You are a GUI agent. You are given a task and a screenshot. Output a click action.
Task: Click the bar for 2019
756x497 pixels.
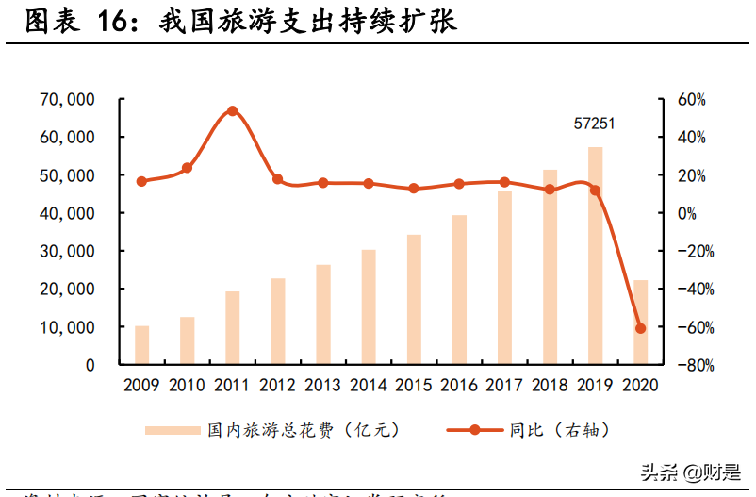pyautogui.click(x=595, y=256)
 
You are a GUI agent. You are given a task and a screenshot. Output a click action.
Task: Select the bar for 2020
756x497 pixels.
pyautogui.click(x=640, y=322)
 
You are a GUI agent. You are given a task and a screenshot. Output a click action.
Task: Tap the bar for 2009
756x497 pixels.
pyautogui.click(x=141, y=345)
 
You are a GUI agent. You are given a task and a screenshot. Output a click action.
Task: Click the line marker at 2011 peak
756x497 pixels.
pyautogui.click(x=233, y=111)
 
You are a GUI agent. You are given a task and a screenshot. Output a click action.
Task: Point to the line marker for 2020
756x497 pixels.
pyautogui.click(x=641, y=328)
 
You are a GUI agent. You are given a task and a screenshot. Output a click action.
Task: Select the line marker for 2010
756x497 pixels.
pyautogui.click(x=187, y=168)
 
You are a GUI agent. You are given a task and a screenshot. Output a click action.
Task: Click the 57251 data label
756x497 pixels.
pyautogui.click(x=595, y=124)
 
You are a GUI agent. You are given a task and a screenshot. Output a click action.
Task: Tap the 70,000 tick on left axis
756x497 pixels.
pyautogui.click(x=67, y=99)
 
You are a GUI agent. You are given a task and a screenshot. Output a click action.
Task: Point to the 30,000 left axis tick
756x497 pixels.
pyautogui.click(x=67, y=251)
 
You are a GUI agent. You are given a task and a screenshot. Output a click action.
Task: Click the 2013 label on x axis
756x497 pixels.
pyautogui.click(x=322, y=385)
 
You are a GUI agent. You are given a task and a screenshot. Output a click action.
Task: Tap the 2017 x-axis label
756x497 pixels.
pyautogui.click(x=504, y=385)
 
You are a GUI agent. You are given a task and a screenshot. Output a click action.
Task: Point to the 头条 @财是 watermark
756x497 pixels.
pyautogui.click(x=690, y=471)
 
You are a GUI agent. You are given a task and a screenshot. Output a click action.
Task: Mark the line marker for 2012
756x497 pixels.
pyautogui.click(x=278, y=179)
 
